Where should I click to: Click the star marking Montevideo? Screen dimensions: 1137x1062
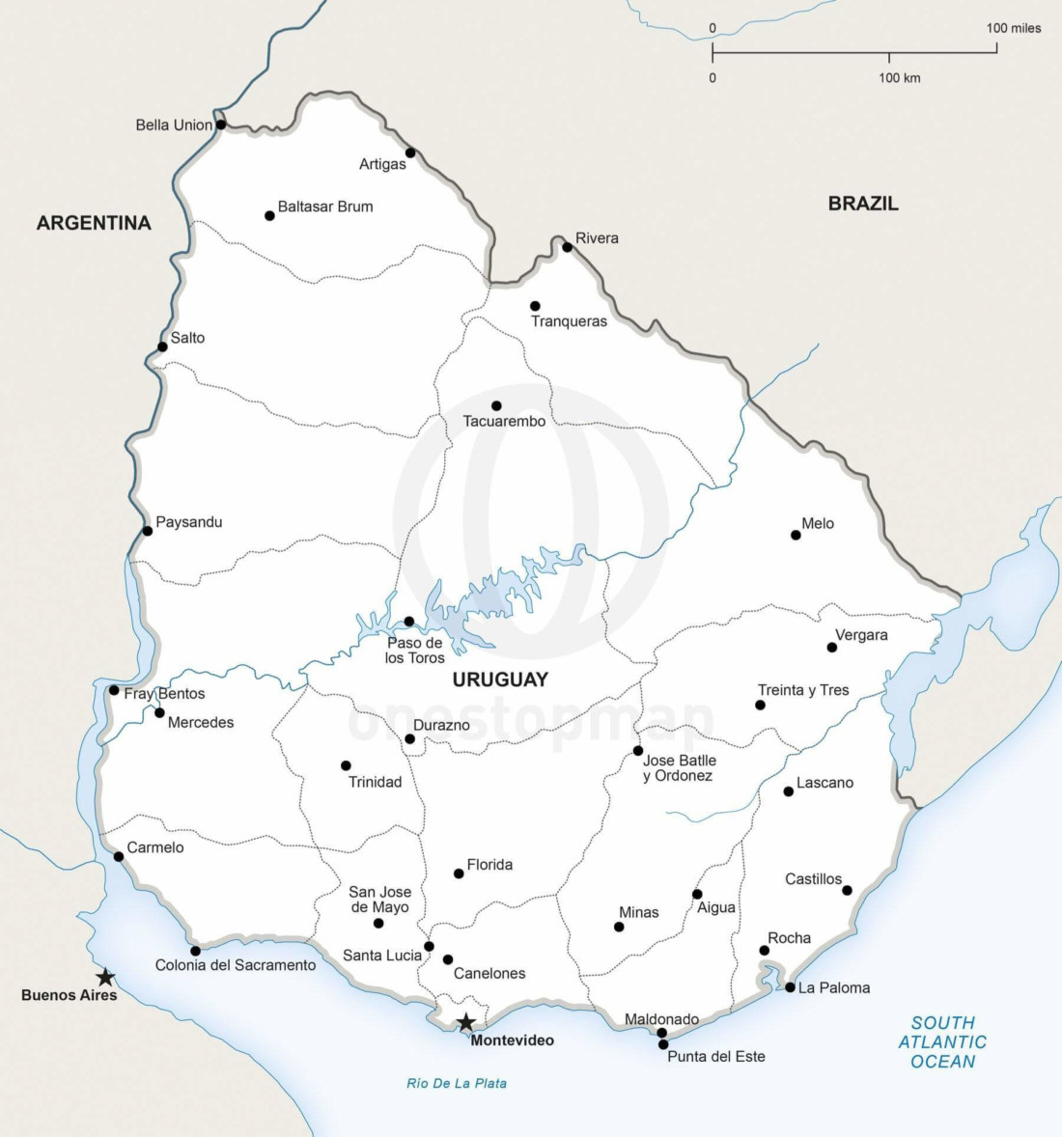tap(465, 1022)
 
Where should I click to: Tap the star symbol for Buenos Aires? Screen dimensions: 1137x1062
tap(105, 978)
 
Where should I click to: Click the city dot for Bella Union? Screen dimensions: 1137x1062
tap(221, 125)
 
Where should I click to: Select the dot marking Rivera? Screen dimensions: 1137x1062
tap(567, 247)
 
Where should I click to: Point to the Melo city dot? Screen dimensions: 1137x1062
tap(796, 535)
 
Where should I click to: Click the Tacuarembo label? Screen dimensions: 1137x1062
tap(504, 422)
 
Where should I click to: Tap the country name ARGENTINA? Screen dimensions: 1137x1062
tap(94, 223)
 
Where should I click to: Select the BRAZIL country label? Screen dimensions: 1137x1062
tap(863, 204)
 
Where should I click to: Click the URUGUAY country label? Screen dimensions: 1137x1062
tap(500, 679)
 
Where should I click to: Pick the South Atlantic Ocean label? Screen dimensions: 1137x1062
tap(942, 1042)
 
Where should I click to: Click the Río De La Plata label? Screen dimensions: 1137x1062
tap(457, 1084)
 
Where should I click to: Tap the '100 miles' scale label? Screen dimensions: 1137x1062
tap(1014, 28)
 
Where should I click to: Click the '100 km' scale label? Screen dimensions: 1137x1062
tap(899, 78)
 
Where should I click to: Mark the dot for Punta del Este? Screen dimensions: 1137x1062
tap(663, 1044)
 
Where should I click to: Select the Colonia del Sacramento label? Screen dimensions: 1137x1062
tap(236, 965)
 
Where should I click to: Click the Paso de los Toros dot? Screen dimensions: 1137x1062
tap(408, 622)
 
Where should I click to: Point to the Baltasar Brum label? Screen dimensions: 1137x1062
tap(325, 207)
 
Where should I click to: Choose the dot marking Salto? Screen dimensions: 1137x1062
tap(162, 347)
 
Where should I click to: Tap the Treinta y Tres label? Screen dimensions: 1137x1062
tap(803, 690)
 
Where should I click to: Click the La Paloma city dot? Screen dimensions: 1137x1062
tap(790, 987)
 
